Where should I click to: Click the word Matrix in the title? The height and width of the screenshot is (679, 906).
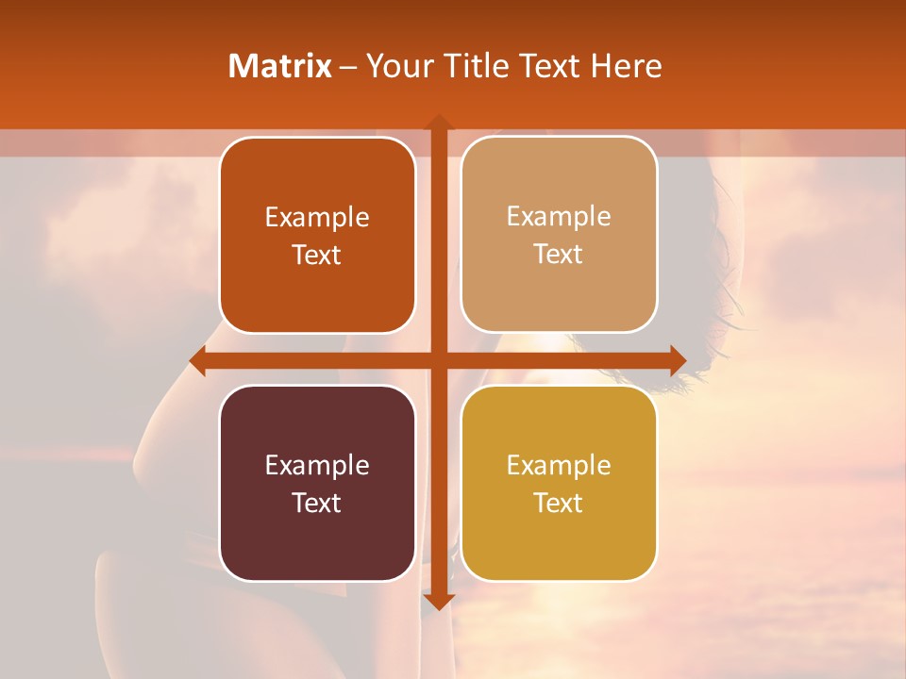tap(280, 66)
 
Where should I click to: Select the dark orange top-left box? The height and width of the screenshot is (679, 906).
tap(317, 236)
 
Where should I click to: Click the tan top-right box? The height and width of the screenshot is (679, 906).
tap(559, 235)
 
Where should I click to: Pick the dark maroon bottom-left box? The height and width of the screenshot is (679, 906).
tap(317, 483)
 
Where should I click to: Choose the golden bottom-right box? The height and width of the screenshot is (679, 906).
tap(559, 483)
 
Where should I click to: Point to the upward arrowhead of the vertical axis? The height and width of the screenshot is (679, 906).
tap(438, 123)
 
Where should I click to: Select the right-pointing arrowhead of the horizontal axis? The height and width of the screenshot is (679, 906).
tap(677, 360)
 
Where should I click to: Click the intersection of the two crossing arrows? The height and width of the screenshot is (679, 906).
tap(438, 360)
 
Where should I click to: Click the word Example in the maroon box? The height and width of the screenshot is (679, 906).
tap(317, 465)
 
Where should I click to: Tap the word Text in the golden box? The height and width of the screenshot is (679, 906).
tap(559, 503)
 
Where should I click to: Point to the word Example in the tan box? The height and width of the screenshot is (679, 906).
tap(559, 217)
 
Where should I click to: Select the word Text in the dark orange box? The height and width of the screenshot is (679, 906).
tap(317, 256)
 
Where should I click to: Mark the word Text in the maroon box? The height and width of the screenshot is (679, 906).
tap(317, 503)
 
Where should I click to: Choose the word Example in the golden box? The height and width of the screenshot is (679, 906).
tap(559, 465)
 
